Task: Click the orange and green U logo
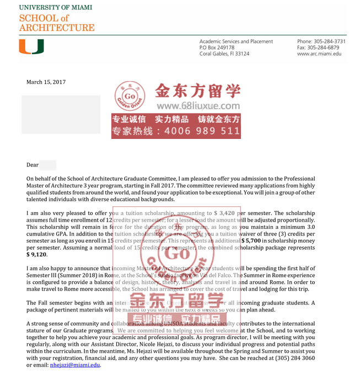point(31,47)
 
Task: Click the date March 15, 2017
point(46,82)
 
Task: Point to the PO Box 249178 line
point(217,47)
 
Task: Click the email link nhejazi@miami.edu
point(75,365)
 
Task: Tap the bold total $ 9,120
point(37,254)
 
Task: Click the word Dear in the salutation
point(33,165)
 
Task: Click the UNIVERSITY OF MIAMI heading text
point(56,8)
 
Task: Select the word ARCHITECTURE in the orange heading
point(57,28)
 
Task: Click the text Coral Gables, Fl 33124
point(224,53)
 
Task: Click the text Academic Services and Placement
point(236,41)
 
